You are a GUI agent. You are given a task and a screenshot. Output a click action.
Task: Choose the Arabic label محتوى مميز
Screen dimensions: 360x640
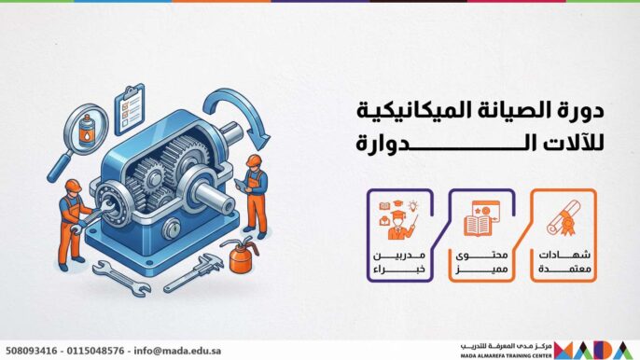[x=475, y=262]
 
